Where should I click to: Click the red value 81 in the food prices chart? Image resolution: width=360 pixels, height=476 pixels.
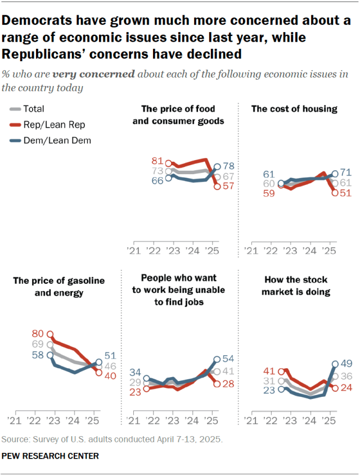157,161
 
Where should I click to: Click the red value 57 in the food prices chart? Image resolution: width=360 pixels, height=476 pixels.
228,187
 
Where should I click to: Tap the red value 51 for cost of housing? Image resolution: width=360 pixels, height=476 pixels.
346,193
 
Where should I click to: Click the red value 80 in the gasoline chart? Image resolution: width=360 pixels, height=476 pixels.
38,333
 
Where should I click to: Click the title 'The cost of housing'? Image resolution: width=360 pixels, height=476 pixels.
294,109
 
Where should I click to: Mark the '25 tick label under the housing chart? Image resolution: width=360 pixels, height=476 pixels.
331,250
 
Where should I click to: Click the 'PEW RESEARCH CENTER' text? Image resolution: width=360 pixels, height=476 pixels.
51,456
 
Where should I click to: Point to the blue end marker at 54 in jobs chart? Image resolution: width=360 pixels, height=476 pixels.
217,359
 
